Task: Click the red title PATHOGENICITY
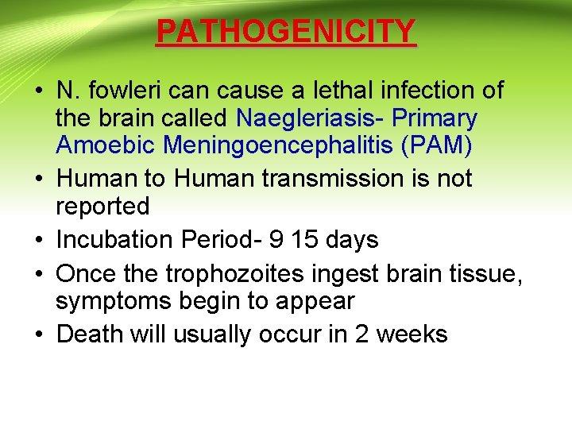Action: (286, 31)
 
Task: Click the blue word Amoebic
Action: (99, 146)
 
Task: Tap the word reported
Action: (102, 207)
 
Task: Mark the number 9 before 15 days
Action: (280, 239)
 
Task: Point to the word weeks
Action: (412, 334)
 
